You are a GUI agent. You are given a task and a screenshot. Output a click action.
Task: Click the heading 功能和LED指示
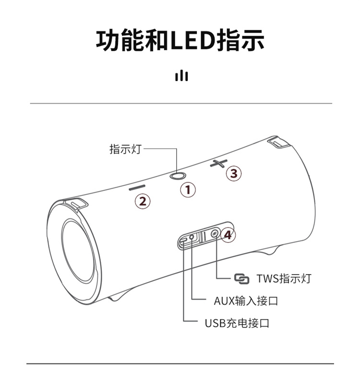(180, 40)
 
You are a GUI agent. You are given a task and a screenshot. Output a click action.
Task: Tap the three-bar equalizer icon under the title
(181, 76)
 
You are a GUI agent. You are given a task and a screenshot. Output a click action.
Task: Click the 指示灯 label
(125, 149)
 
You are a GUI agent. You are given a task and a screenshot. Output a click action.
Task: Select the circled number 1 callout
(188, 190)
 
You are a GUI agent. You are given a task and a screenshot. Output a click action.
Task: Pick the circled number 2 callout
(143, 202)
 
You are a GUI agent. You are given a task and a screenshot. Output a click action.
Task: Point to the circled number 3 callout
(234, 173)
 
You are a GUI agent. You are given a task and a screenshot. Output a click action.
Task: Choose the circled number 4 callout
(228, 235)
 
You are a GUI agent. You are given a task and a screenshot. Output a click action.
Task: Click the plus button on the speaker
(219, 163)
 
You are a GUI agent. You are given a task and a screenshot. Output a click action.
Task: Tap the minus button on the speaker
(137, 187)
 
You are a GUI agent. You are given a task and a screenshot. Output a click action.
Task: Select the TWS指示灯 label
(284, 278)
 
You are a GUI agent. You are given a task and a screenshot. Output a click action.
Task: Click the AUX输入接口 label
(246, 301)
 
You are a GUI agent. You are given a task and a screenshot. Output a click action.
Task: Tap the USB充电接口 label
(237, 323)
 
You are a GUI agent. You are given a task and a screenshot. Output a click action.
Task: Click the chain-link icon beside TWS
(241, 279)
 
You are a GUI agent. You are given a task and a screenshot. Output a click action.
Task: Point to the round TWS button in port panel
(215, 234)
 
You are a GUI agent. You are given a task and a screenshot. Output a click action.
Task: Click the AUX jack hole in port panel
(192, 237)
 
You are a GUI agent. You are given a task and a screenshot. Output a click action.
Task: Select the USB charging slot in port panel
(184, 240)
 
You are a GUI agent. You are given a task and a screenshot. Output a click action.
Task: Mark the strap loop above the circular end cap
(76, 205)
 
